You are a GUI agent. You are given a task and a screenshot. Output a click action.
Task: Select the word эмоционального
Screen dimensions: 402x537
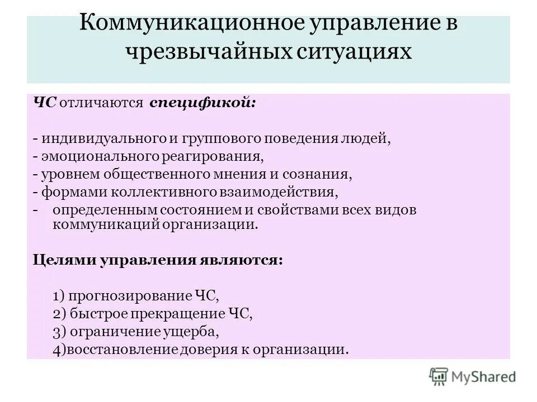[x=96, y=156]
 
